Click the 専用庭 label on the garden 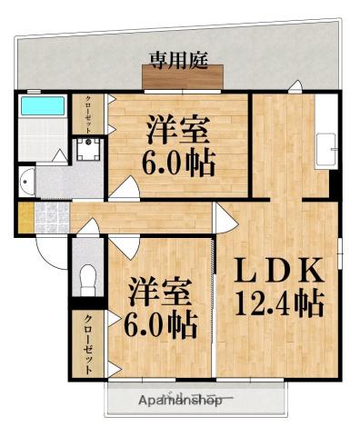pos(179,61)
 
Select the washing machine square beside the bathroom pos(88,149)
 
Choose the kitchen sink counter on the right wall pos(326,150)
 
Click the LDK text pos(279,272)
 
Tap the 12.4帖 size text pos(279,303)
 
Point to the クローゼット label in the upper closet pos(88,114)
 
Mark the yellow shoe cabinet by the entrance pos(25,217)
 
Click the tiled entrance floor pos(50,218)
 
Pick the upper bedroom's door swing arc pos(125,189)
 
